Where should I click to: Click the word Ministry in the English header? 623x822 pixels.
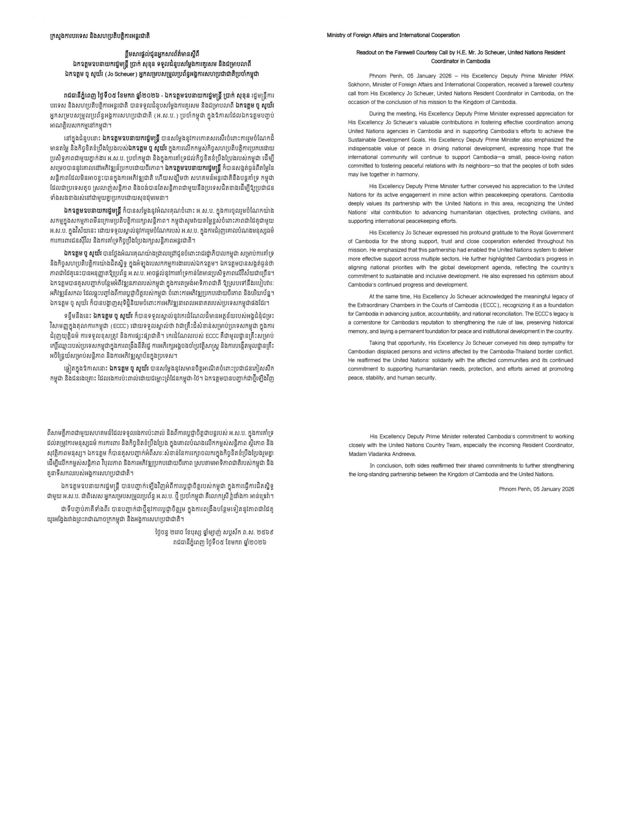[336, 35]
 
